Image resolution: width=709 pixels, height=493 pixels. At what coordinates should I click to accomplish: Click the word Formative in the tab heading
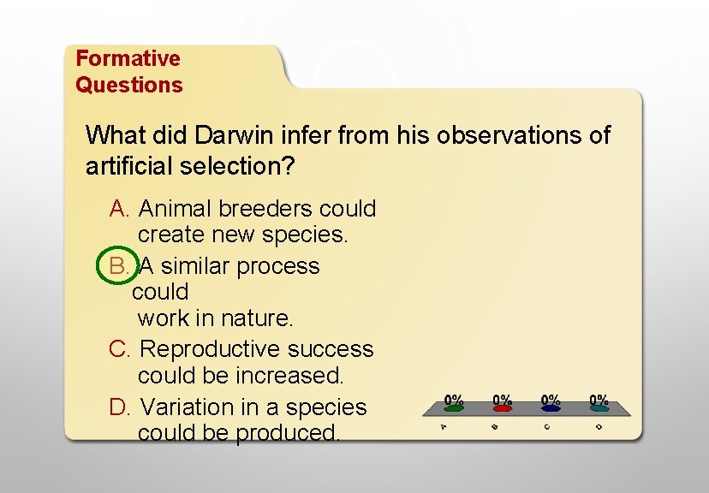click(x=128, y=58)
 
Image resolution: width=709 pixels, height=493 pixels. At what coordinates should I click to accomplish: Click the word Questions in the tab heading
click(x=128, y=85)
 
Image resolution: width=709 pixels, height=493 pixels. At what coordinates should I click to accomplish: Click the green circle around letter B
click(x=118, y=266)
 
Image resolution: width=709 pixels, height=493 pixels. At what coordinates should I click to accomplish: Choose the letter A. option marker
click(x=120, y=209)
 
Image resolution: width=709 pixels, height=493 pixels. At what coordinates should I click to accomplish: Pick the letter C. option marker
click(x=120, y=349)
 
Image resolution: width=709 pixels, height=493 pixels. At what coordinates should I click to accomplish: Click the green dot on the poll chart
click(x=454, y=409)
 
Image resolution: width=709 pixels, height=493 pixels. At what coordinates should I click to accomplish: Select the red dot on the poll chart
click(x=503, y=409)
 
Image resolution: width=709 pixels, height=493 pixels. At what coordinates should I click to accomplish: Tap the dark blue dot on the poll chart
click(x=551, y=409)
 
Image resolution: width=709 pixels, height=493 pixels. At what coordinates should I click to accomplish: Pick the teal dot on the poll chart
click(x=599, y=409)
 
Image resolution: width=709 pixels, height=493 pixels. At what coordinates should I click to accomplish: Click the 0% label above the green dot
click(x=454, y=399)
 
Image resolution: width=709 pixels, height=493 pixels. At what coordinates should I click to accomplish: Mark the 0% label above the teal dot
click(x=599, y=399)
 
